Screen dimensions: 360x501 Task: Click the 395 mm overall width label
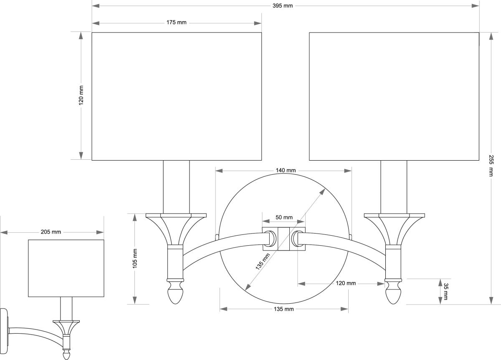285,5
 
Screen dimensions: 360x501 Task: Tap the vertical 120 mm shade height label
81,96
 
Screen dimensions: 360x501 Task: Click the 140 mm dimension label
286,170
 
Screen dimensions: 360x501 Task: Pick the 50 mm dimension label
284,218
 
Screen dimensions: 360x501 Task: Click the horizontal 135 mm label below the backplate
283,309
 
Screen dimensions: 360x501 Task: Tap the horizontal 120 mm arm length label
346,283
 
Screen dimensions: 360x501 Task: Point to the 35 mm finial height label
445,291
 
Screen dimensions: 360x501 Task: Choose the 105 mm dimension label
135,259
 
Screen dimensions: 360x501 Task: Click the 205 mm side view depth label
51,232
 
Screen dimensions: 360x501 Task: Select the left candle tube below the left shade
176,187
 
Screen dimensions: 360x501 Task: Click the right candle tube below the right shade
394,187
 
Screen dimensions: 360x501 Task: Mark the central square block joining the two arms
284,239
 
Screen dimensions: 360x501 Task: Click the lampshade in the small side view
66,268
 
